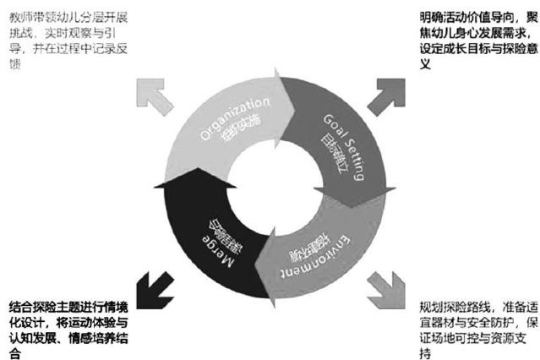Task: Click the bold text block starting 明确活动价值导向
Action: pos(477,39)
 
